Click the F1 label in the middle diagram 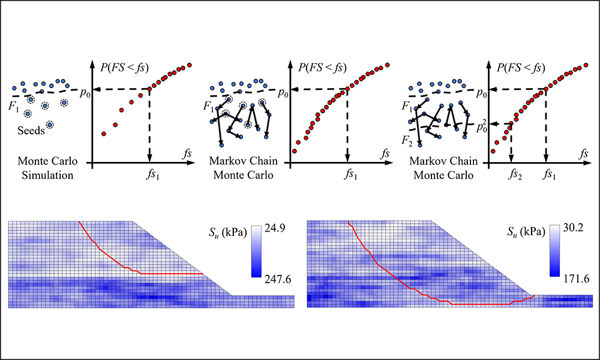click(209, 107)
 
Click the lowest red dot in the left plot click(104, 133)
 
